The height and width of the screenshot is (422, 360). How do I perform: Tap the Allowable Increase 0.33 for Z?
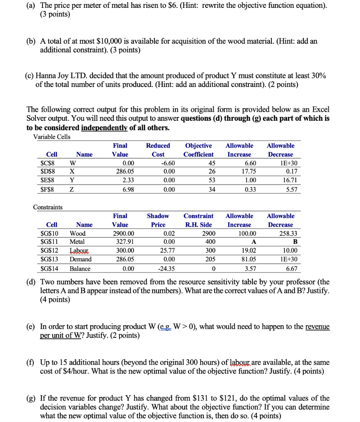245,189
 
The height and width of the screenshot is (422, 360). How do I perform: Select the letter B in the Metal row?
295,242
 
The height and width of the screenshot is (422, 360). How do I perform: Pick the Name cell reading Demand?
81,259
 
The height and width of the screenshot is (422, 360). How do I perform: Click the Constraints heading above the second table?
48,207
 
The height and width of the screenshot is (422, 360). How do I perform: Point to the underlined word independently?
104,128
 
